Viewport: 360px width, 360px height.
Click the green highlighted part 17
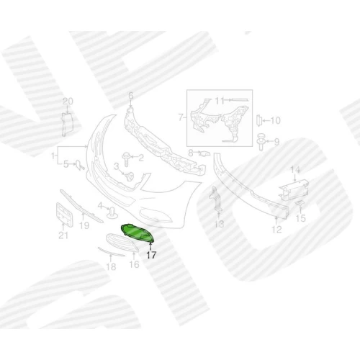(138, 233)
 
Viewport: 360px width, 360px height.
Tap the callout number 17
(151, 255)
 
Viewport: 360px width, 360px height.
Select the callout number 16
(134, 264)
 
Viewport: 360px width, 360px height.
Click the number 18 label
(111, 266)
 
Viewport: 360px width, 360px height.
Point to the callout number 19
(84, 225)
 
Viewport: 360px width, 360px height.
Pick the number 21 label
(63, 235)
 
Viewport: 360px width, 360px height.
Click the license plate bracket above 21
(64, 215)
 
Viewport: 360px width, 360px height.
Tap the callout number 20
(68, 101)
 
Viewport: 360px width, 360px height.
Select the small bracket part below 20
(67, 125)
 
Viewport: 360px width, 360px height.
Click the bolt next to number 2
(126, 158)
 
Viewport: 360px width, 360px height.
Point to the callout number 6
(131, 96)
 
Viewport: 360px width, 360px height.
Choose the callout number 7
(181, 117)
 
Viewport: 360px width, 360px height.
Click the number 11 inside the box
(219, 101)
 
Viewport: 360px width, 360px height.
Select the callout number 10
(275, 120)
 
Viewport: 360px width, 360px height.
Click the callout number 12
(276, 230)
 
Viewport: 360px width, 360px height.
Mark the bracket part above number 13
(216, 199)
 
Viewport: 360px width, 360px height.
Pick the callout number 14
(295, 170)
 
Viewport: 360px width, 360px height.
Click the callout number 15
(301, 218)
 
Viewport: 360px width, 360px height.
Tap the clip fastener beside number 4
(112, 212)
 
